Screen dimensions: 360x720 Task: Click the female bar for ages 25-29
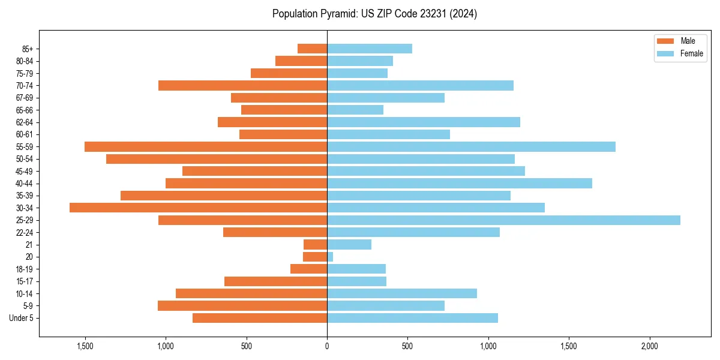pos(503,220)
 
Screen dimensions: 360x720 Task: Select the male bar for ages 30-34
pos(199,208)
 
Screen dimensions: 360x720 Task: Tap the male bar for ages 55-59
pos(206,146)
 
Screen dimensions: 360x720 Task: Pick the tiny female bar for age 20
pos(330,257)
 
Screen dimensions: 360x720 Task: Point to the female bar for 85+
pos(370,49)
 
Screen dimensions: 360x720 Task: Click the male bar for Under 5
pos(260,318)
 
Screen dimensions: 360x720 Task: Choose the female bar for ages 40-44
pos(460,183)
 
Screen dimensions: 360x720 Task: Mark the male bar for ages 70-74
pos(243,85)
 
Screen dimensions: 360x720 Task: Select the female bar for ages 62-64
pos(424,122)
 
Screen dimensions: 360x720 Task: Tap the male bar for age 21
pos(316,244)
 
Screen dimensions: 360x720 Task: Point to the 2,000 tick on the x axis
pos(650,346)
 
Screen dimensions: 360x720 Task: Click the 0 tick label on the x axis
pos(327,346)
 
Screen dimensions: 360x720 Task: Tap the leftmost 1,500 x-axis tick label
pos(85,346)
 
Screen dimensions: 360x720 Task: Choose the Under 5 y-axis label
pos(21,318)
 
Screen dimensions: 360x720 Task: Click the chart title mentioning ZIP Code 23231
pos(374,14)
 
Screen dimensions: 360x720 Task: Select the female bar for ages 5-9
pos(386,305)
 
